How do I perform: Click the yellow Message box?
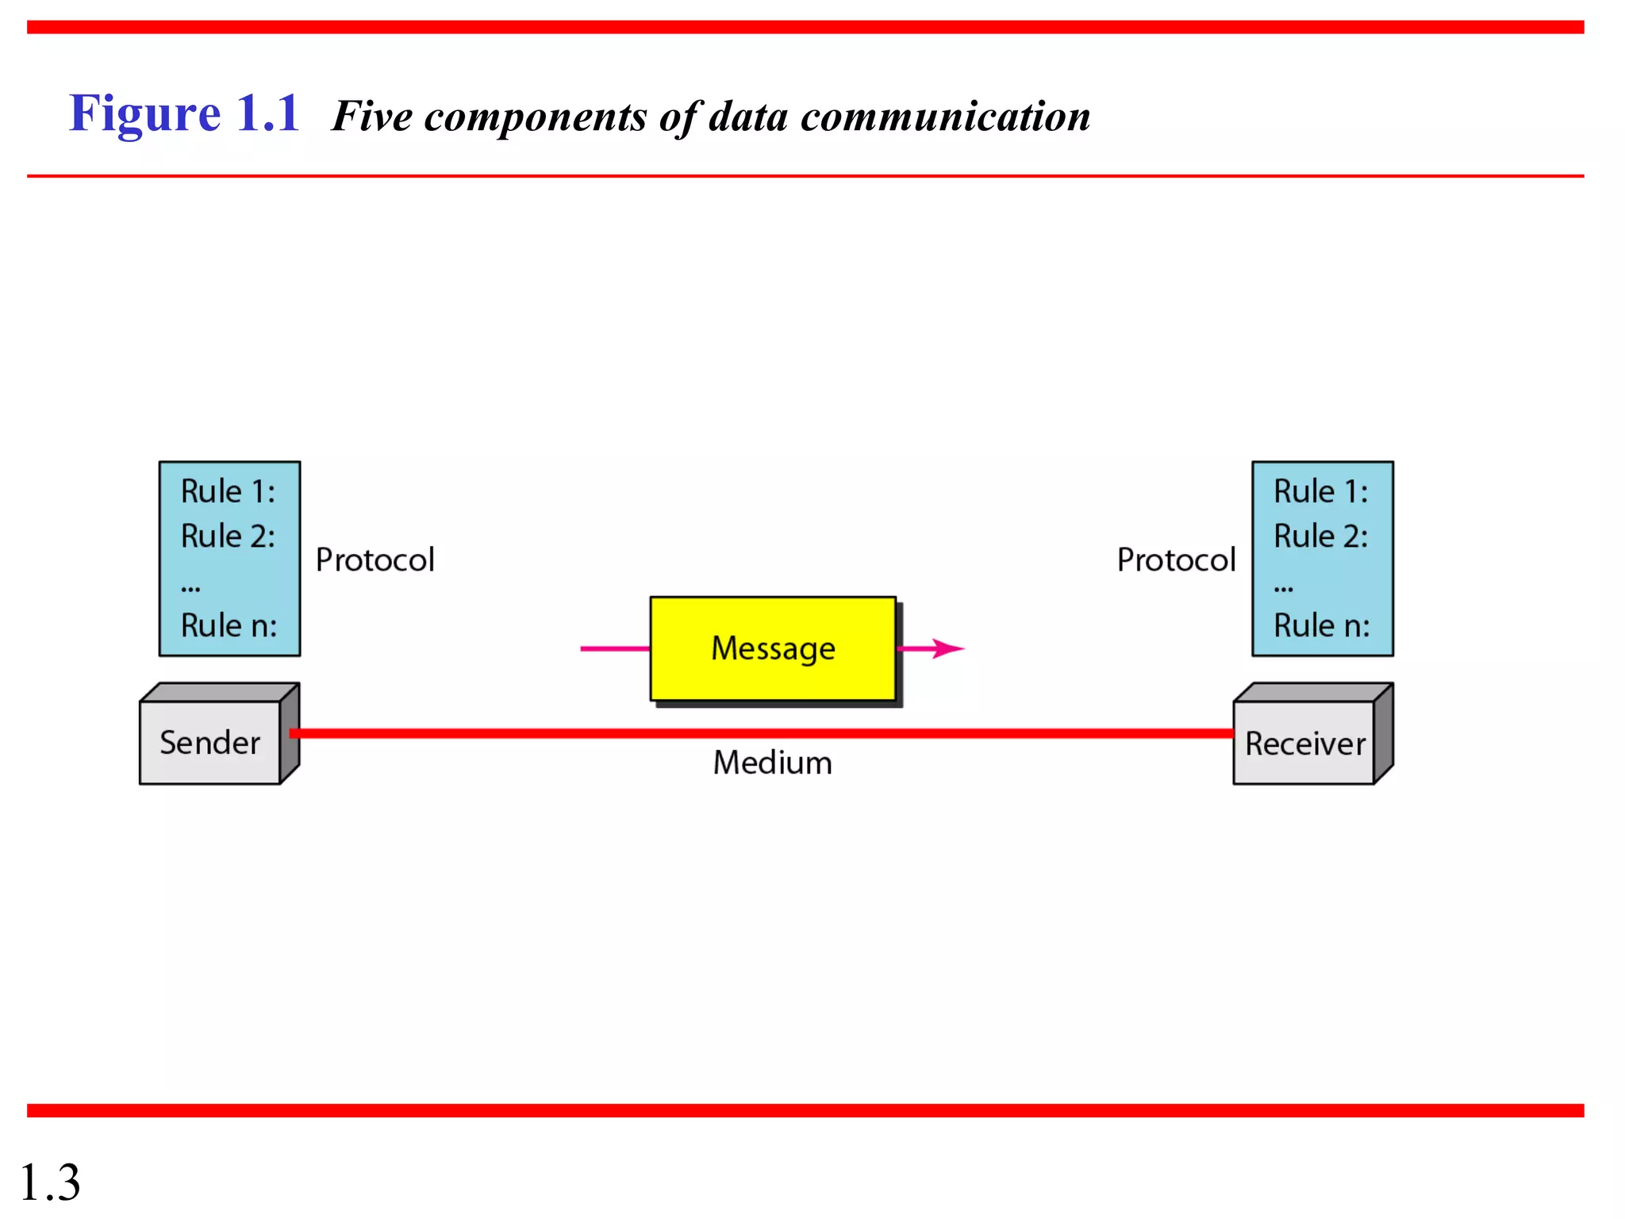coord(772,648)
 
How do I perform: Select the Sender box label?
coord(209,743)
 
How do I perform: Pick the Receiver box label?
coord(1304,744)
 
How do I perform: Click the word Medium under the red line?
coord(772,763)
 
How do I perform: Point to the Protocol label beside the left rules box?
coord(375,560)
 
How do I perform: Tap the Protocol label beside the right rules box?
coord(1176,560)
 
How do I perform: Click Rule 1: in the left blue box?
coord(228,491)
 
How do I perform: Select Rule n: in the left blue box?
coord(229,625)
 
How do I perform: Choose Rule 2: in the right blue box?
coord(1321,536)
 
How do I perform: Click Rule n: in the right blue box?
coord(1322,625)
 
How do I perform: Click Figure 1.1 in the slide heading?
coord(184,113)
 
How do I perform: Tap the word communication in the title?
coord(945,117)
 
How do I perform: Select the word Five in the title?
coord(371,117)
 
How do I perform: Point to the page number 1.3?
coord(49,1182)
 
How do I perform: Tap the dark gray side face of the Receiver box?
coord(1383,733)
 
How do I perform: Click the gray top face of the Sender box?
coord(218,692)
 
